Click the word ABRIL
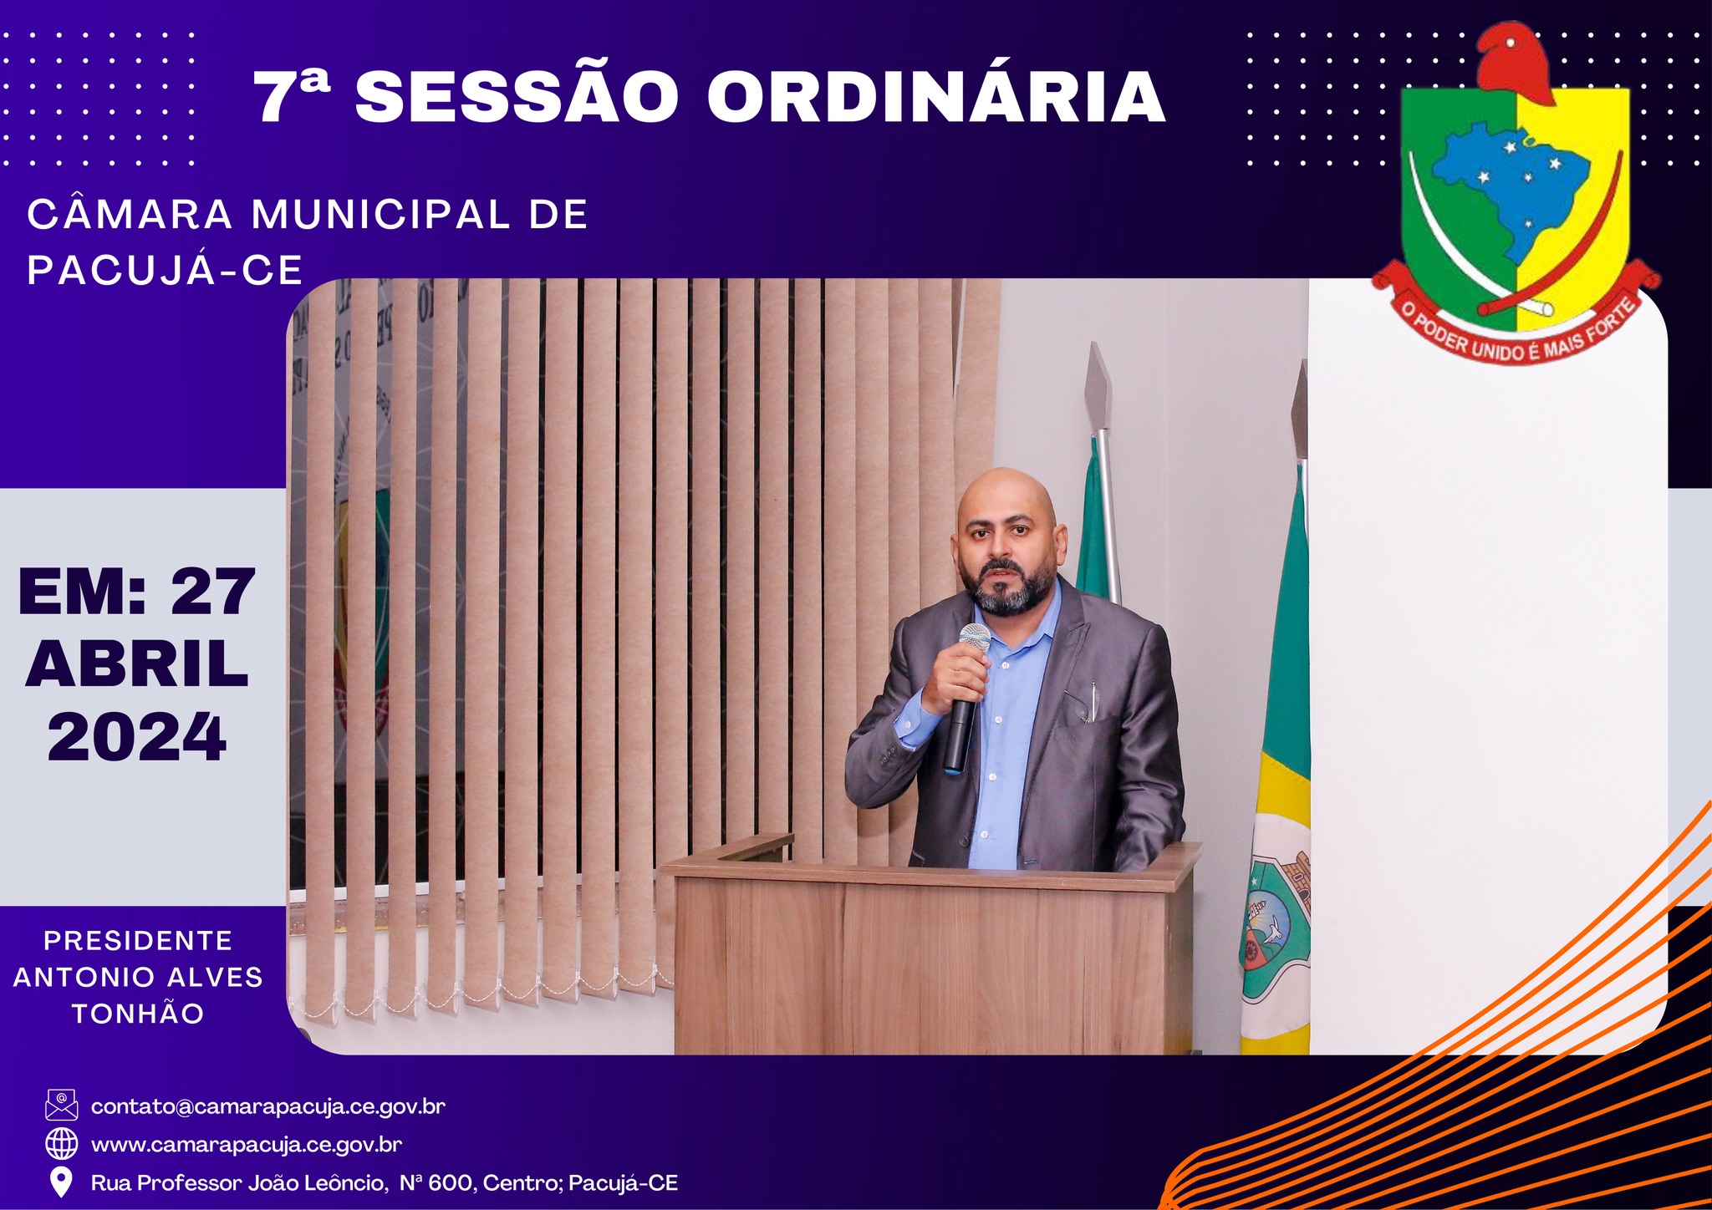click(x=137, y=664)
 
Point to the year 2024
click(x=137, y=737)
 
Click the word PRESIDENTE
click(x=138, y=941)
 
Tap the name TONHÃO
click(x=138, y=1014)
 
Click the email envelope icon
click(x=61, y=1105)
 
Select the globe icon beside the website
click(x=61, y=1143)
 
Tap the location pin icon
click(x=61, y=1182)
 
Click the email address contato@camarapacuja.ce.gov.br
click(x=268, y=1106)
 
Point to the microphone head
click(x=974, y=638)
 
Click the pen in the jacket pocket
click(x=1093, y=700)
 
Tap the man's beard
click(x=1007, y=590)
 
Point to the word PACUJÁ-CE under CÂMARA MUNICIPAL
click(x=165, y=270)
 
